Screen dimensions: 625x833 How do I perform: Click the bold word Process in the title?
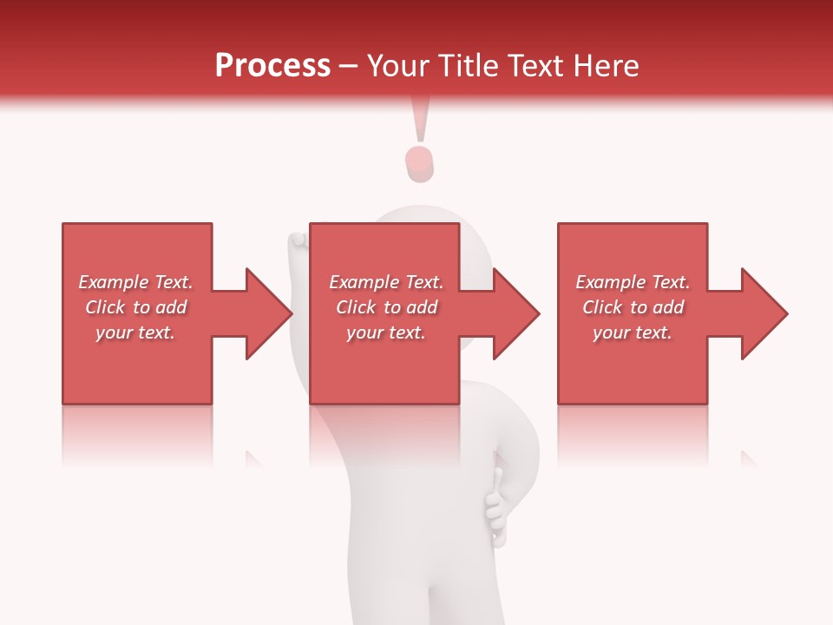click(x=272, y=66)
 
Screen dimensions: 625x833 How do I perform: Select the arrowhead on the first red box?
click(x=267, y=313)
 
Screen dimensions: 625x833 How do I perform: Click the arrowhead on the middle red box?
click(x=515, y=313)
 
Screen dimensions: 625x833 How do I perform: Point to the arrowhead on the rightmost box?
click(x=763, y=313)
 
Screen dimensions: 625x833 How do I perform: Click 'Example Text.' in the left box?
click(x=135, y=282)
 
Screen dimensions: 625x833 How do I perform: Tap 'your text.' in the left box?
click(x=135, y=332)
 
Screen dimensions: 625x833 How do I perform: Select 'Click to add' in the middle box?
click(x=386, y=307)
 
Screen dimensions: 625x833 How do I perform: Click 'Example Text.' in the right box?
click(x=633, y=282)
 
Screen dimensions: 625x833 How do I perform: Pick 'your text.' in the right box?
click(x=633, y=332)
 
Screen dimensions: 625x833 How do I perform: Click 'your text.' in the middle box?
click(x=386, y=332)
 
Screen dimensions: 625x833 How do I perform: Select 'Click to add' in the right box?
click(x=633, y=307)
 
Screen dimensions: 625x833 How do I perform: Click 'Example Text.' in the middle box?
click(x=386, y=282)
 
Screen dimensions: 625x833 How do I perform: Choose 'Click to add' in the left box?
click(x=135, y=307)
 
